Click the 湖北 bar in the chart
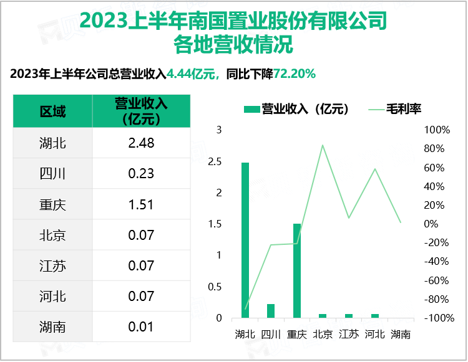(x=245, y=240)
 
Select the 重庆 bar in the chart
(x=297, y=270)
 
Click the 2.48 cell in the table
(x=141, y=143)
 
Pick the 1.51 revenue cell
(x=141, y=204)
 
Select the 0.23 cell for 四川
(x=141, y=174)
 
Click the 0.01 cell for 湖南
(x=141, y=326)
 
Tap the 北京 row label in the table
(x=52, y=235)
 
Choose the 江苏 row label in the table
(x=52, y=265)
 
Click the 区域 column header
(x=52, y=112)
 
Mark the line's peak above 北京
(x=323, y=145)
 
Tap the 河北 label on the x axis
(x=374, y=334)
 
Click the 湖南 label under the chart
(x=401, y=334)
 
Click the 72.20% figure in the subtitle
(x=295, y=74)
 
